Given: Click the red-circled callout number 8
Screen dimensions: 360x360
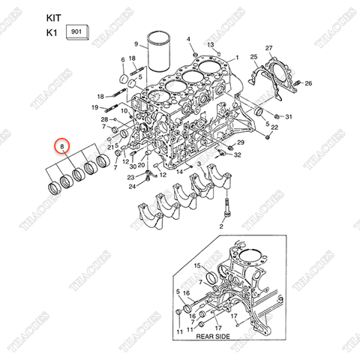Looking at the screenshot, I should pyautogui.click(x=62, y=145).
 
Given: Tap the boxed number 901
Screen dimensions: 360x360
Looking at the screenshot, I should pyautogui.click(x=76, y=31).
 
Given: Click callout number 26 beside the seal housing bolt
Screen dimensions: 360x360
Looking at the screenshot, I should pyautogui.click(x=308, y=82).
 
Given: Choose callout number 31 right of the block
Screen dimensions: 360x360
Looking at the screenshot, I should pyautogui.click(x=289, y=117).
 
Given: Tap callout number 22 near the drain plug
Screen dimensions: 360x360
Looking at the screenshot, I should pyautogui.click(x=275, y=128).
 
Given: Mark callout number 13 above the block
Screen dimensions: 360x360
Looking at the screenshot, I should pyautogui.click(x=211, y=46).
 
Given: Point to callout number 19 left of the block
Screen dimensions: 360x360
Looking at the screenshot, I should pyautogui.click(x=95, y=108).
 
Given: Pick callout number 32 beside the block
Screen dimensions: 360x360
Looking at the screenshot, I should pyautogui.click(x=237, y=155).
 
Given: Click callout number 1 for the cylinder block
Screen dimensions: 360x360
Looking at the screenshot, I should pyautogui.click(x=237, y=58).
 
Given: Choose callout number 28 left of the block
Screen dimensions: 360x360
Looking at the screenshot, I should pyautogui.click(x=104, y=120).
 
